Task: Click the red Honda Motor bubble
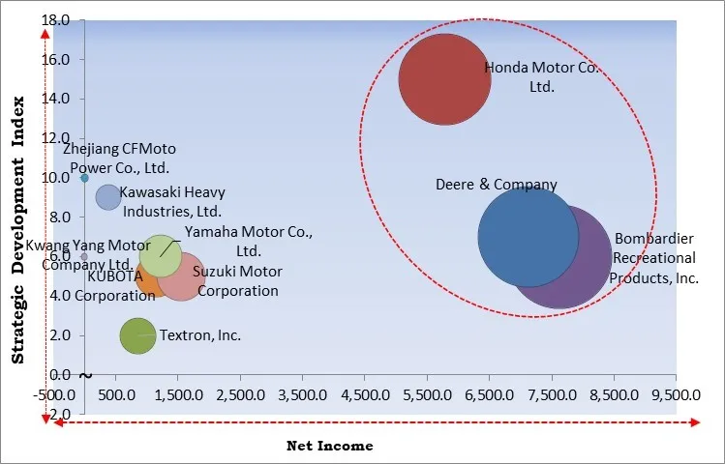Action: [444, 79]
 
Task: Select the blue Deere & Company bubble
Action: [529, 236]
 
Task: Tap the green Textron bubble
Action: [137, 335]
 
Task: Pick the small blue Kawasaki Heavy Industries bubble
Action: [108, 196]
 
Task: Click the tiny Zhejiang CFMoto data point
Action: [85, 178]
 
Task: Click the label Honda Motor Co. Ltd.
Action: [529, 77]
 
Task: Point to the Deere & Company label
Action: [497, 185]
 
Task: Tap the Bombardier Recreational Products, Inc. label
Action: [654, 258]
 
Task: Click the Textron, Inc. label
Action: [199, 335]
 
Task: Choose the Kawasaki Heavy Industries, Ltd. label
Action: [172, 201]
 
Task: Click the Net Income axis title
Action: [329, 446]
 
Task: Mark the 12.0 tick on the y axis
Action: [56, 138]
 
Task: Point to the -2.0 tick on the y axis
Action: [58, 414]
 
